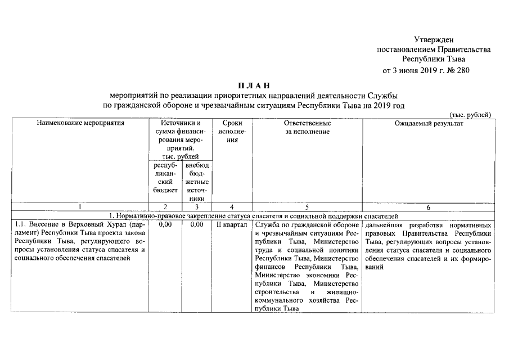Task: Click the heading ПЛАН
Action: coord(254,85)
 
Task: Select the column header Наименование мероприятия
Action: coord(80,123)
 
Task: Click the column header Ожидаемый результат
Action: coord(429,123)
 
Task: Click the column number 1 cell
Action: coord(80,208)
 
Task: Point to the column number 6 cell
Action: coord(429,208)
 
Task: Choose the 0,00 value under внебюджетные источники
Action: coord(196,224)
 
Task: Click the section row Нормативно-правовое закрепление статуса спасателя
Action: coord(254,215)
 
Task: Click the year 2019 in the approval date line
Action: coord(425,70)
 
